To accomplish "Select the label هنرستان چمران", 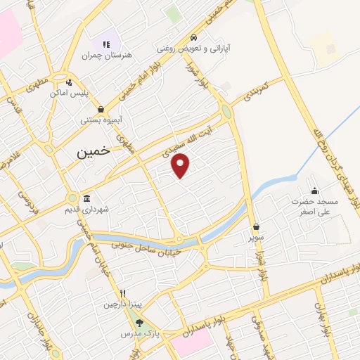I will [x=106, y=55].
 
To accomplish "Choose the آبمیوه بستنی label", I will [x=102, y=120].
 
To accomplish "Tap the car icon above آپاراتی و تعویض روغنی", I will [x=192, y=38].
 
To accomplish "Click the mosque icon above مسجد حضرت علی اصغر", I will [x=315, y=190].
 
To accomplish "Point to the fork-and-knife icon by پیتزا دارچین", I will [x=123, y=293].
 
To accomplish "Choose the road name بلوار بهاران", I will [x=324, y=323].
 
